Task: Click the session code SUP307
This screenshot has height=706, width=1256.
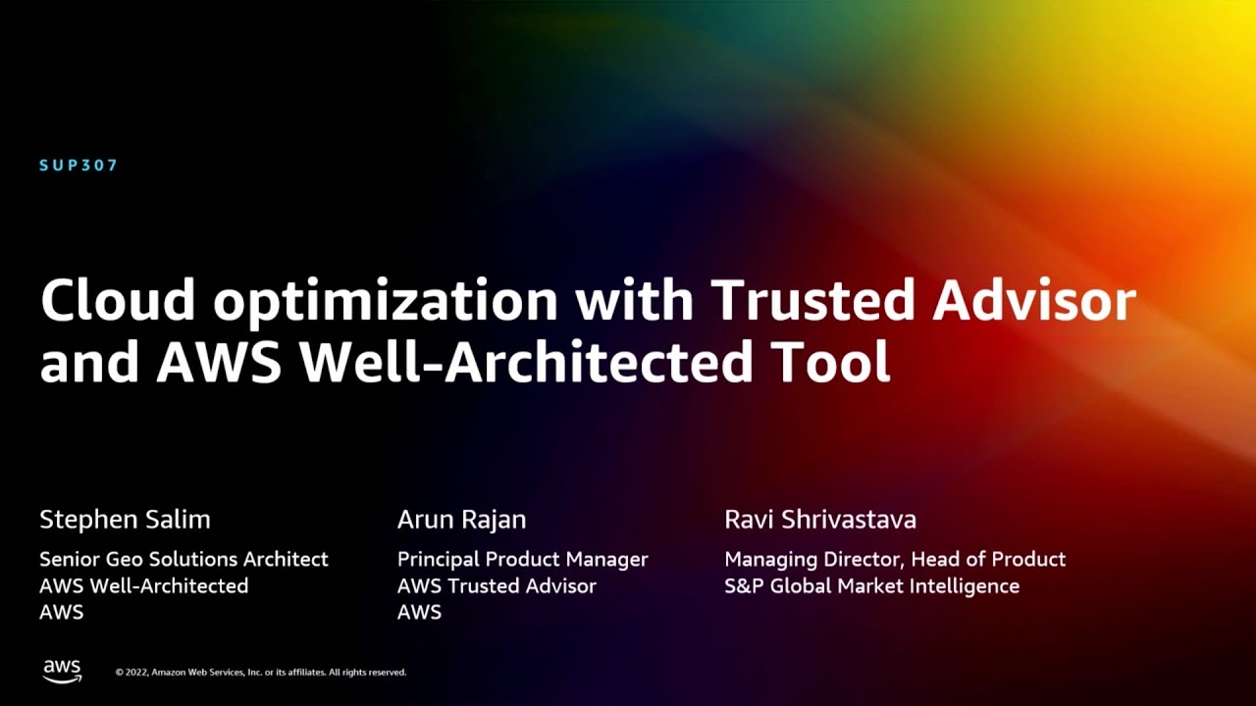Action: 78,166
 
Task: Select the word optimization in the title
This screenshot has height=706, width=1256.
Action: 385,301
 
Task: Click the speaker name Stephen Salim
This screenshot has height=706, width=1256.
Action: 125,520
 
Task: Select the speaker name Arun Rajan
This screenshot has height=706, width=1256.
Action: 461,520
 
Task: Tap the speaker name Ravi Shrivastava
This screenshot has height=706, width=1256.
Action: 819,520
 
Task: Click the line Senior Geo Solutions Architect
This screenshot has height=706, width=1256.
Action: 183,560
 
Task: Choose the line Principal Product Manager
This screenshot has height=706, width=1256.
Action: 522,560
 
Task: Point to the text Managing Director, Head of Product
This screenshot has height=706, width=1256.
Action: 894,560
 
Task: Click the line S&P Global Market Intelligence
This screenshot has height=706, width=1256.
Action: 871,586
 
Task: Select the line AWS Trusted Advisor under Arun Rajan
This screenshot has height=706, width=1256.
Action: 497,586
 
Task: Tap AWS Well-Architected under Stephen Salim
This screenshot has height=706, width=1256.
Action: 143,586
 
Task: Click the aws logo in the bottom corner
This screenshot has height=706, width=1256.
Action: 62,671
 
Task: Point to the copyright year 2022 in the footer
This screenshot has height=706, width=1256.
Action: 135,673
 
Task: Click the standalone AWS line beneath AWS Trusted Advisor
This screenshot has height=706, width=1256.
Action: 419,613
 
